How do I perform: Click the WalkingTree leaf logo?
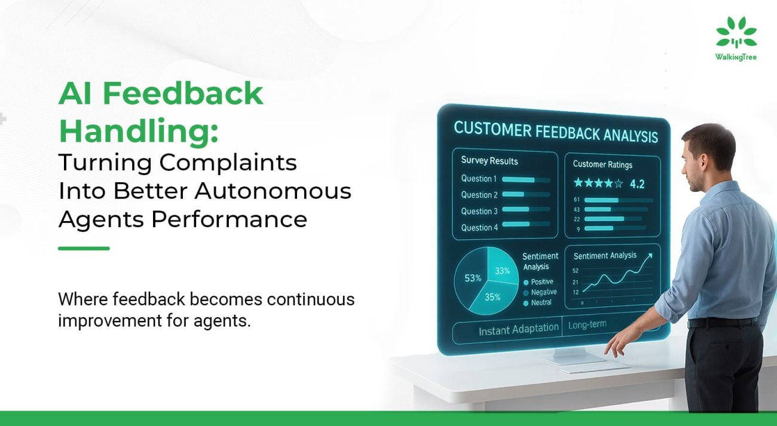click(x=736, y=32)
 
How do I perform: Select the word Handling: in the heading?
click(x=139, y=131)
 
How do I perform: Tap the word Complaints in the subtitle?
click(x=228, y=163)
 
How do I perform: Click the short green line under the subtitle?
click(x=84, y=248)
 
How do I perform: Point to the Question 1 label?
click(x=479, y=179)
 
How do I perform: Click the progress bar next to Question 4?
click(x=526, y=224)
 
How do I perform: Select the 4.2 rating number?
click(x=637, y=183)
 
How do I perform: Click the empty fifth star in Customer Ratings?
click(x=619, y=183)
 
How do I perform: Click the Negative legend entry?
click(x=540, y=292)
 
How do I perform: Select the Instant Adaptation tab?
click(x=519, y=329)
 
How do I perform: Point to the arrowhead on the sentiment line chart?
click(x=650, y=256)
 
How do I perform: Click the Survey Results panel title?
click(x=489, y=161)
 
